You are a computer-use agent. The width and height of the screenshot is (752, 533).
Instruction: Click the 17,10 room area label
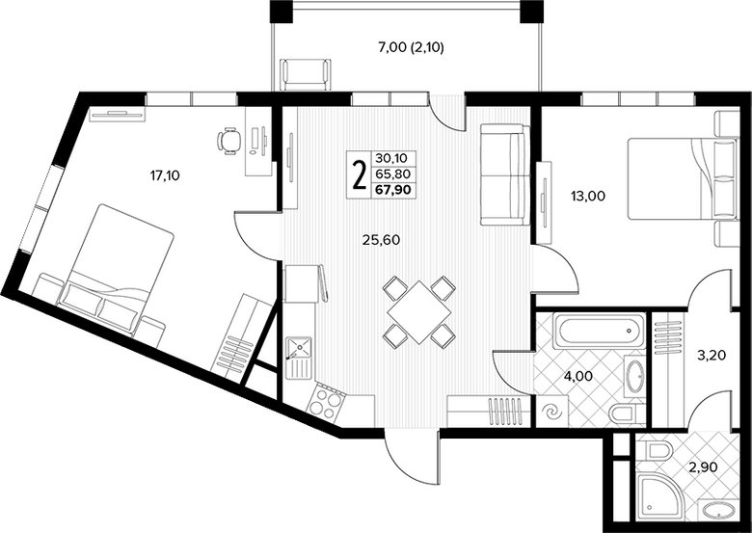(165, 176)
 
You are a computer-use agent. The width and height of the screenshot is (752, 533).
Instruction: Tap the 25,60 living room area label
(381, 240)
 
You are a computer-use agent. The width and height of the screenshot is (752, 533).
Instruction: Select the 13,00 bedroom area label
(587, 196)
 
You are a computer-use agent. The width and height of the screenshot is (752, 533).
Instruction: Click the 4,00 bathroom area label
(577, 376)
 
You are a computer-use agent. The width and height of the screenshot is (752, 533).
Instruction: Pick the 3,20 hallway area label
(712, 356)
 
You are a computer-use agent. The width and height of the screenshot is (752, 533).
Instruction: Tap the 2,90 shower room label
(702, 466)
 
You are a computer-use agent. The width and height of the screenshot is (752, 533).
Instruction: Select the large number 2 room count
(359, 175)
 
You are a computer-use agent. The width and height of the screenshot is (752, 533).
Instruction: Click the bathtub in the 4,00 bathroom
(599, 331)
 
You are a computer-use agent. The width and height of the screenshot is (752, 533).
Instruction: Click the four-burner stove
(325, 403)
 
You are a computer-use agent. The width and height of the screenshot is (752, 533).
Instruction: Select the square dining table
(419, 312)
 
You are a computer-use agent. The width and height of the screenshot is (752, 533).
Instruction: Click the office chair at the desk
(229, 141)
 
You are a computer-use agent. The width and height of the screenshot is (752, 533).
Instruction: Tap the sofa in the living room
(504, 174)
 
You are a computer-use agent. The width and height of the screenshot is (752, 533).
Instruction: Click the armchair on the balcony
(306, 74)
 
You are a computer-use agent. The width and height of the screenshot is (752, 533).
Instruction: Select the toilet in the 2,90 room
(659, 451)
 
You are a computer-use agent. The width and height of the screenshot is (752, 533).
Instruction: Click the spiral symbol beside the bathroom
(551, 412)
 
